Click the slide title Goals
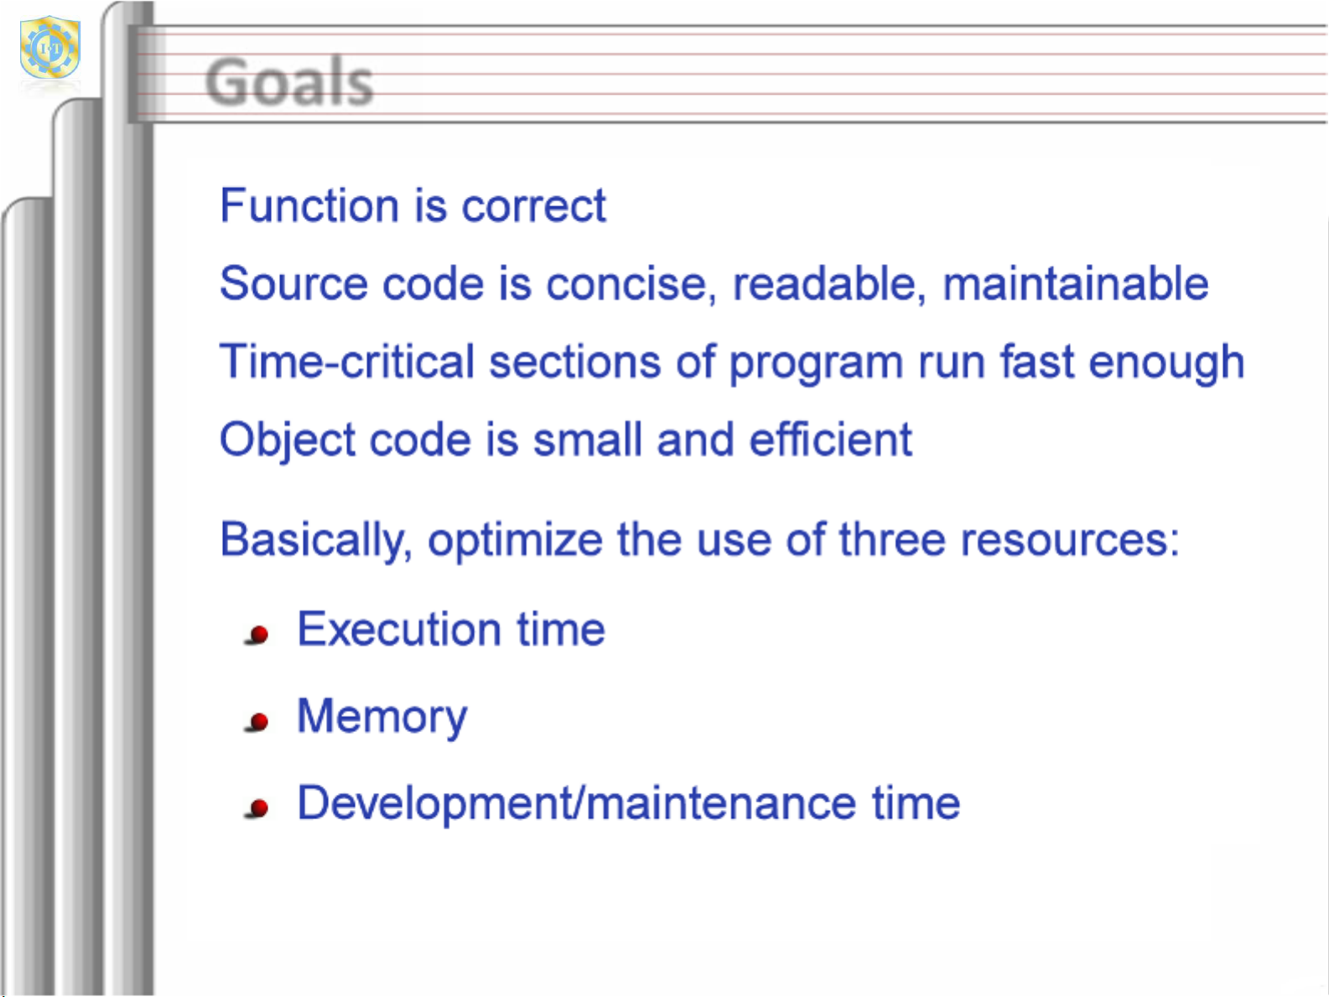[288, 81]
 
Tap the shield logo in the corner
[49, 47]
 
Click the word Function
[309, 205]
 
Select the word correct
[533, 206]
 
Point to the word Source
[293, 283]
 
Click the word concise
[631, 284]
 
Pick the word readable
[829, 283]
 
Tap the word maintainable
[1075, 283]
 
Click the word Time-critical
[347, 361]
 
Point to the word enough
[1166, 362]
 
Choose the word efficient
[830, 439]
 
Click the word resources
[1070, 540]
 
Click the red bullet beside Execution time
[258, 635]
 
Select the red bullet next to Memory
[258, 722]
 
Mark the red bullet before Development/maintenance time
[258, 808]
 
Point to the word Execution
[399, 630]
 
